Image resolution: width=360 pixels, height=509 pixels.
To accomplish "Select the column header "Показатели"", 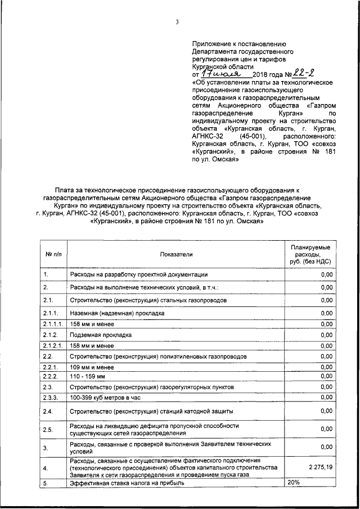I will (175, 254).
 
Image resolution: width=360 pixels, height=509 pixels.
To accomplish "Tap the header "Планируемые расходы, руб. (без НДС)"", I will (310, 254).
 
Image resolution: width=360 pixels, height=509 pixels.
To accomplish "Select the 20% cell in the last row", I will (294, 483).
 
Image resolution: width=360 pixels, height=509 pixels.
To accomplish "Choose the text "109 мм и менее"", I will (92, 367).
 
